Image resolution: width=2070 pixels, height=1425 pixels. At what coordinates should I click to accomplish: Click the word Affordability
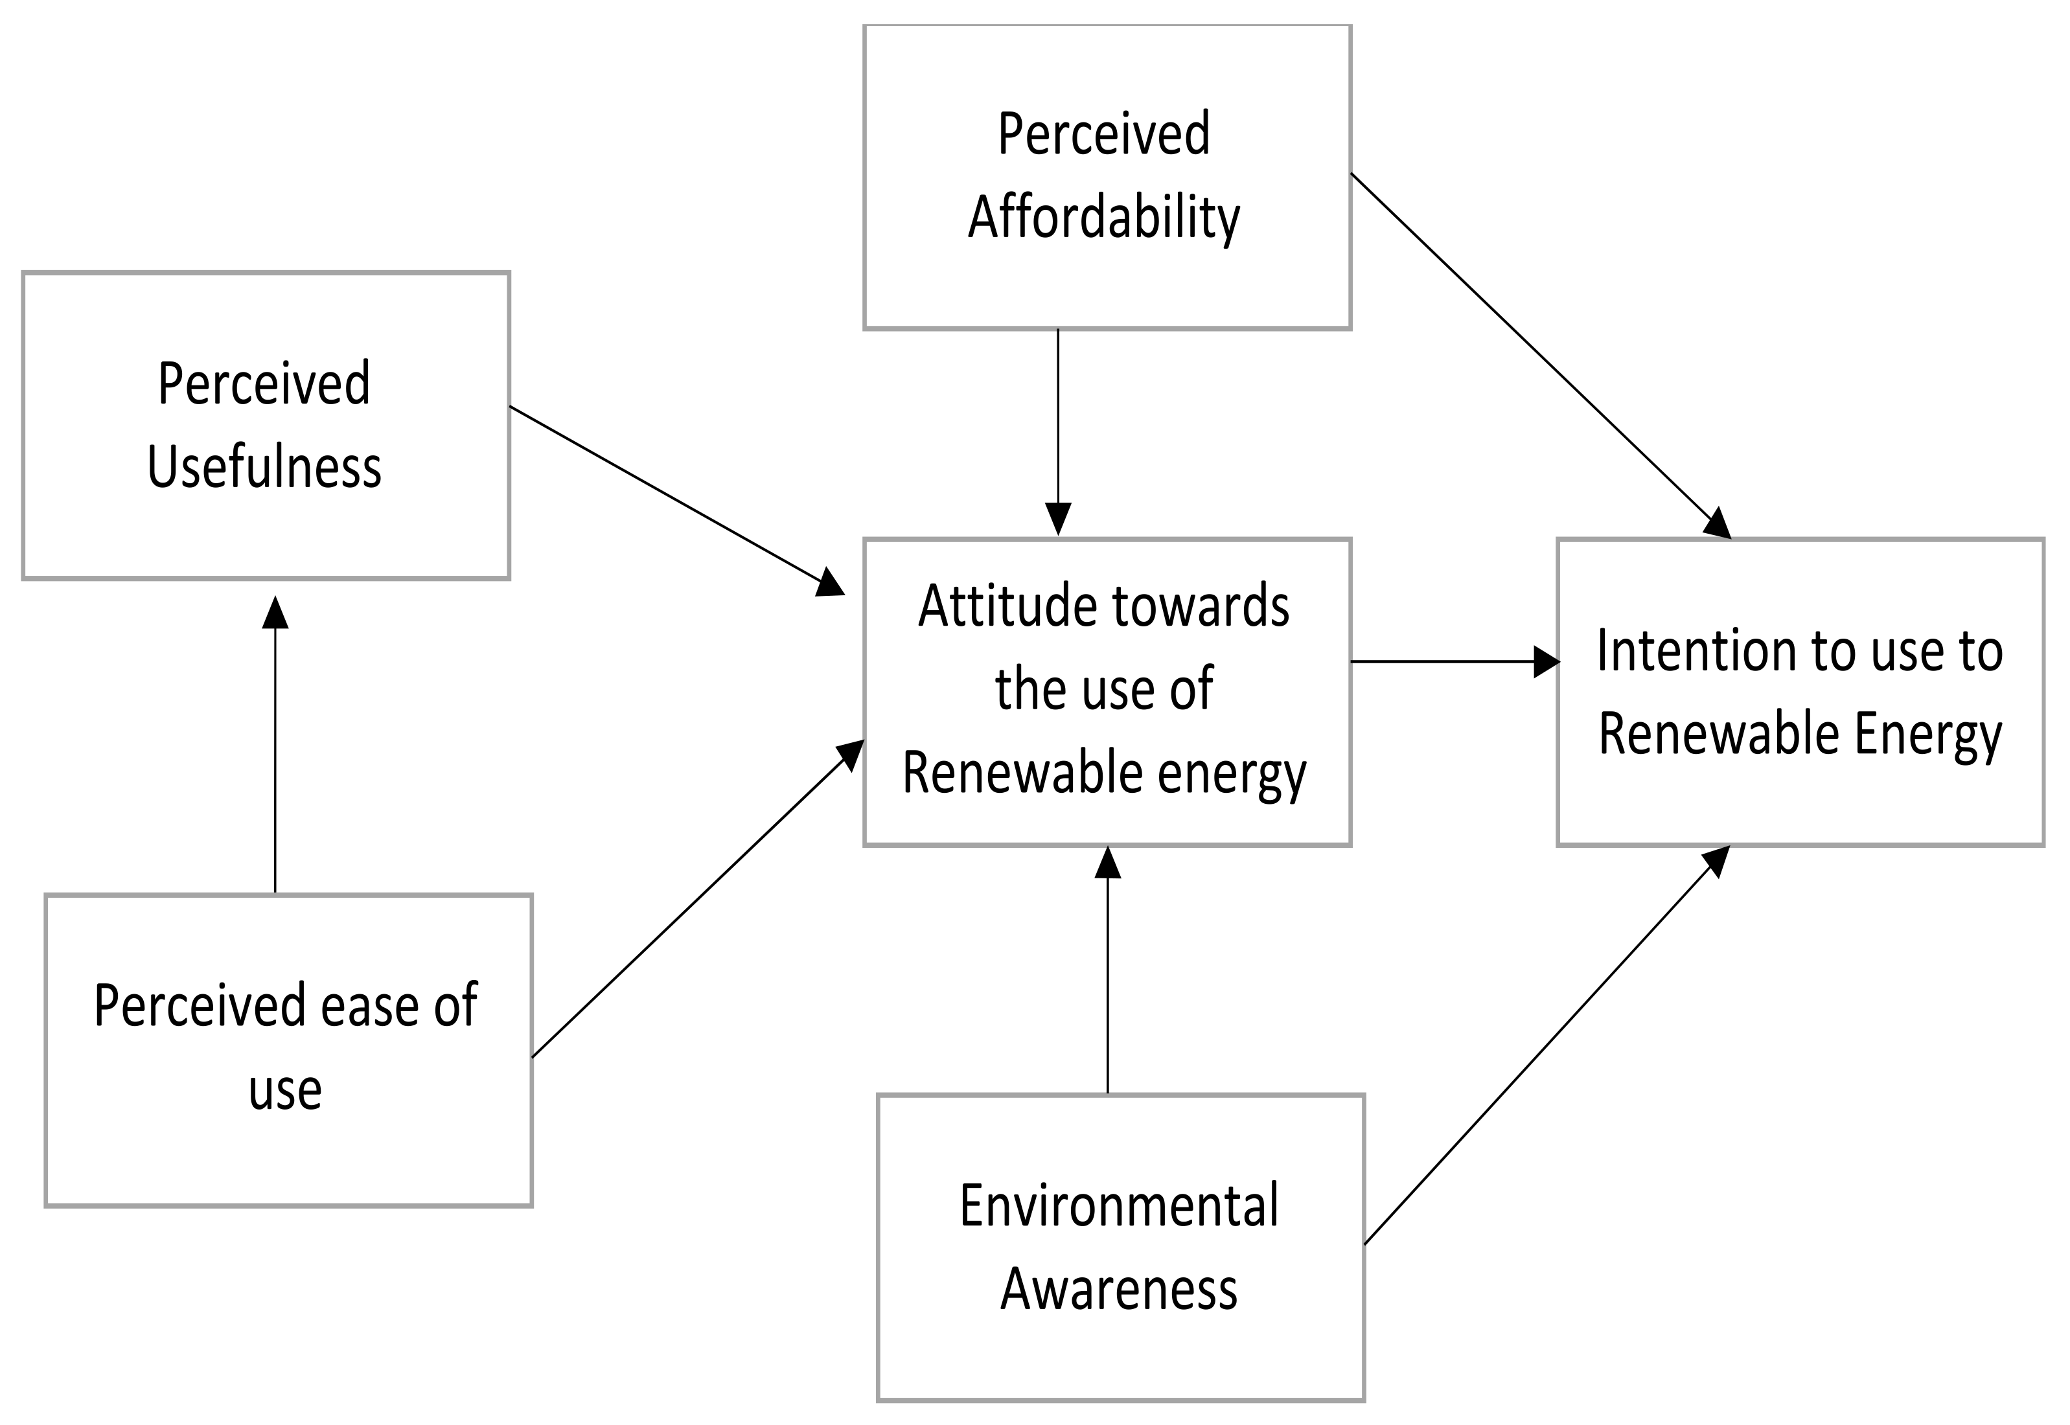1104,217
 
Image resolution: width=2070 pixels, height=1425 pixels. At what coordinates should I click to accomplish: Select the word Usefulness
264,466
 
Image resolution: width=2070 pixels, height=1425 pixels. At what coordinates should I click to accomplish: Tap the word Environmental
1119,1205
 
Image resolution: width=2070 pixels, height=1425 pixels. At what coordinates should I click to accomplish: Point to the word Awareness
1119,1288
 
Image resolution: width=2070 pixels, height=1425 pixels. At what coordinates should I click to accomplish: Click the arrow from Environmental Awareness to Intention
1545,1045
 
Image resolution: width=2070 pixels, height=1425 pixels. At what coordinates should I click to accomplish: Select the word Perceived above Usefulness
264,384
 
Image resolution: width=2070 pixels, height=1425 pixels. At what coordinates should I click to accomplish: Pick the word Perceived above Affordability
1104,134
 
